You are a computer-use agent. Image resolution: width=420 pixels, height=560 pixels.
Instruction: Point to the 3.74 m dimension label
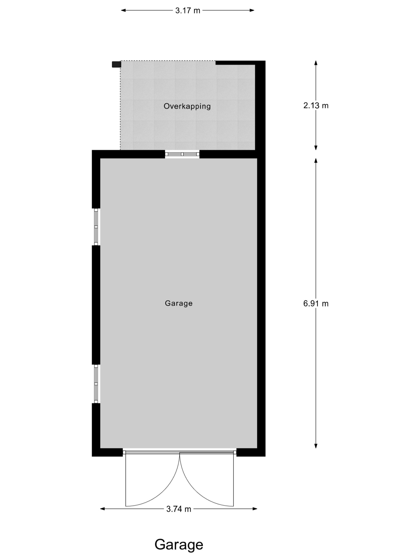coord(178,509)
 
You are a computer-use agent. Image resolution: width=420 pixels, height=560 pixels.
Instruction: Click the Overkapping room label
coord(187,106)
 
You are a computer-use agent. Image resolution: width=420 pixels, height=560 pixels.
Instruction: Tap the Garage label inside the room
coord(179,303)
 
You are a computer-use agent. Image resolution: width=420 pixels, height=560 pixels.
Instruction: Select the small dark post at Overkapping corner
coord(116,64)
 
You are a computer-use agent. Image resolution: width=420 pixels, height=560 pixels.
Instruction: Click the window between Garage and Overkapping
coord(182,154)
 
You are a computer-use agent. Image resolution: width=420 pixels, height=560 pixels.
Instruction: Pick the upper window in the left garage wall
coord(96,227)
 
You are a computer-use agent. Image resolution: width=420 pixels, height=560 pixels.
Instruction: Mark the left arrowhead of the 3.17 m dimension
coord(123,10)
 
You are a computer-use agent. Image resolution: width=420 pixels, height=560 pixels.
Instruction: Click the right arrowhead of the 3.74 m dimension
coord(255,509)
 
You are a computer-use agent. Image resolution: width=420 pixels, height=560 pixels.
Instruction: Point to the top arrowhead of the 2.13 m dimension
coord(316,63)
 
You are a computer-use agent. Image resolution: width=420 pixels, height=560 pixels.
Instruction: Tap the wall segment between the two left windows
coord(96,305)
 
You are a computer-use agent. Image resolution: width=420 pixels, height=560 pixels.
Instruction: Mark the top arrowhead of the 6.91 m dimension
coord(316,161)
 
